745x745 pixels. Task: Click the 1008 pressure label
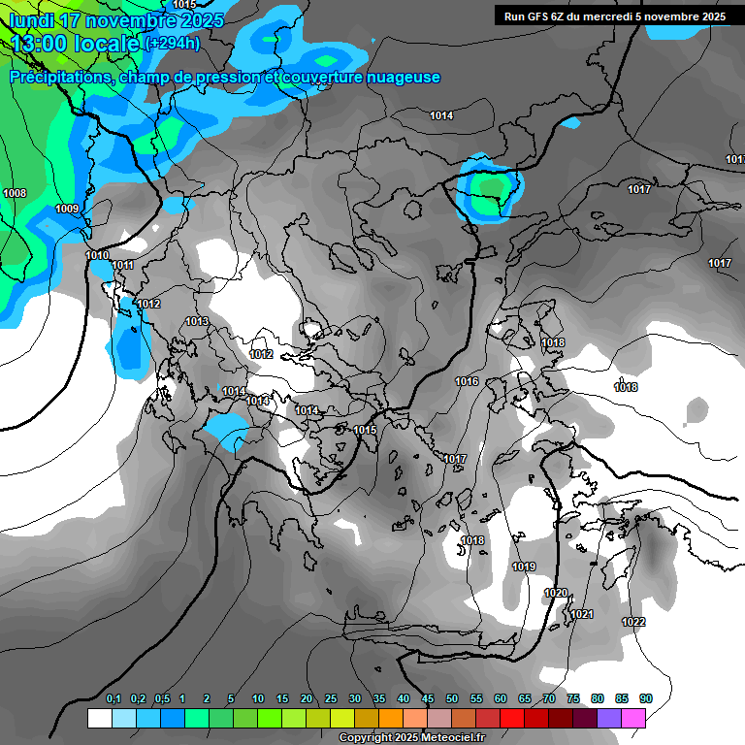click(15, 193)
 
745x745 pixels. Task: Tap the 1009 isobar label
click(67, 209)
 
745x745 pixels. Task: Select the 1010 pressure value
click(97, 255)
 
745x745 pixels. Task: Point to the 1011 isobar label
click(122, 265)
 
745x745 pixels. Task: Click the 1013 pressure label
click(197, 321)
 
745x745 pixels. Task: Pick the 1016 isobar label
click(467, 381)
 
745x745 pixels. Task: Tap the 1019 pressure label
click(524, 567)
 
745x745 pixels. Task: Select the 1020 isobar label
click(556, 593)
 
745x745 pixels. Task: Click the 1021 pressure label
click(581, 614)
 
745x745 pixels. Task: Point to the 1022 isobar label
click(633, 622)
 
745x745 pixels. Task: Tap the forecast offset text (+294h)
click(173, 43)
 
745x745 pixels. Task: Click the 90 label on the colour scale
click(646, 698)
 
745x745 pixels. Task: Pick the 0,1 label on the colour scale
click(113, 698)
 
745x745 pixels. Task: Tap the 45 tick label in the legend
click(428, 698)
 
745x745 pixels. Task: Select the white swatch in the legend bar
click(99, 718)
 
